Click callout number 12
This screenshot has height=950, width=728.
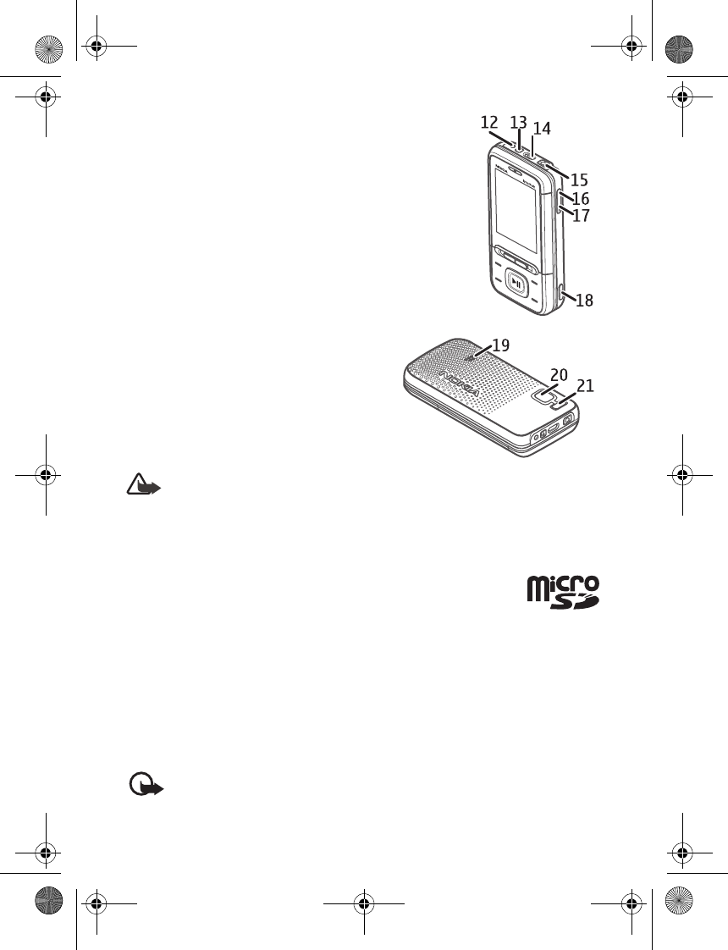click(489, 122)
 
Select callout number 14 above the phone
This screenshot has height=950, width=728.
click(542, 129)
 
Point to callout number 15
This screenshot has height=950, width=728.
click(579, 180)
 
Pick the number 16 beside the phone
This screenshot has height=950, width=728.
click(581, 199)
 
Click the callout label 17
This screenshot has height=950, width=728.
click(581, 216)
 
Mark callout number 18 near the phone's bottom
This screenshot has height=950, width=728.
click(584, 300)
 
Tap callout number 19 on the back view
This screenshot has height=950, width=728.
click(500, 345)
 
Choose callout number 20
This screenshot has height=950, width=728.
click(559, 374)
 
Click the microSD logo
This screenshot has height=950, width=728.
click(564, 592)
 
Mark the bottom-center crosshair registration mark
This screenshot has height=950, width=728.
click(364, 903)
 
